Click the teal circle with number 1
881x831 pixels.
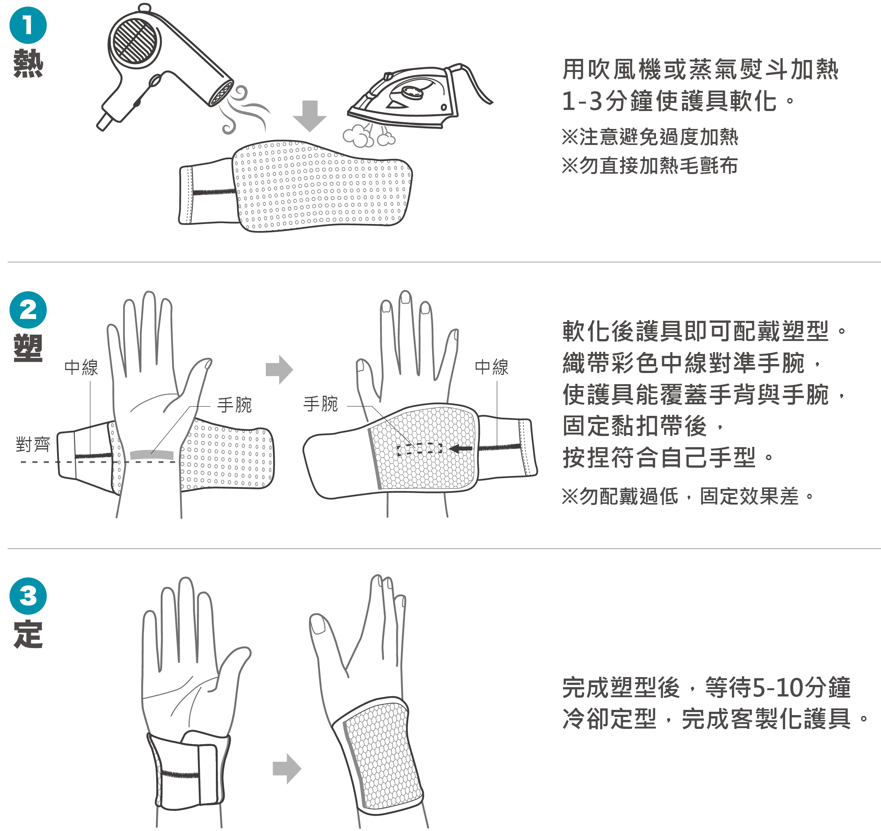coord(28,25)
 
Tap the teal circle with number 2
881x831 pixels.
coord(28,310)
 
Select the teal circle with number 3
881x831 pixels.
coord(28,596)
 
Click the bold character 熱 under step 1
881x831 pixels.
coord(28,63)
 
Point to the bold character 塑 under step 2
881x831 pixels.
coord(28,348)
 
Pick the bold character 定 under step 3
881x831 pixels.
coord(28,634)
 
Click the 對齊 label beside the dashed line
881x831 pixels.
coord(33,444)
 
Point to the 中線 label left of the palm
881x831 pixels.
coord(81,367)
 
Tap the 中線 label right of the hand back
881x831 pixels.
coord(491,367)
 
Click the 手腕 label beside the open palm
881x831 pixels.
coord(235,405)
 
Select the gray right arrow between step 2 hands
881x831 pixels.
coord(279,369)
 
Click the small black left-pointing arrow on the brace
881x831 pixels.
coord(461,449)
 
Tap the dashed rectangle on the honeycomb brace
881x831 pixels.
coord(420,449)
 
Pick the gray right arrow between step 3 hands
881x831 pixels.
coord(287,768)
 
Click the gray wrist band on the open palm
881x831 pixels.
coord(152,455)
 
